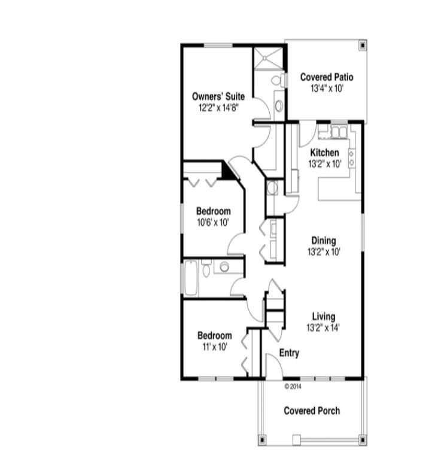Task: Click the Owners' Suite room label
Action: point(218,96)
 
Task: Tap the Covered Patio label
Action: point(327,77)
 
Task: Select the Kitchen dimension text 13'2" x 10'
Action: point(325,164)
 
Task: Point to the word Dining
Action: point(324,241)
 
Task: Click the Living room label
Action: point(324,317)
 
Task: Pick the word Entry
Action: point(289,353)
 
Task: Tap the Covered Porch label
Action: point(312,411)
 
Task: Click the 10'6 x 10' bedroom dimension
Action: point(213,223)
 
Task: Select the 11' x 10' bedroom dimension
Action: point(215,346)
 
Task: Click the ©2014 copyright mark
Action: point(293,387)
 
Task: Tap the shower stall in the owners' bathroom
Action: point(268,58)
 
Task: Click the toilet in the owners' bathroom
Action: point(278,80)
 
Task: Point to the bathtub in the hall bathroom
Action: point(191,278)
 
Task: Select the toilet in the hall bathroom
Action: point(206,268)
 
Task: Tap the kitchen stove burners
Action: point(352,158)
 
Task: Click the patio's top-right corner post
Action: point(363,45)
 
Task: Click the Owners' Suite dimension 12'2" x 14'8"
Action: point(218,108)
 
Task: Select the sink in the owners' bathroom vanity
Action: point(279,105)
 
